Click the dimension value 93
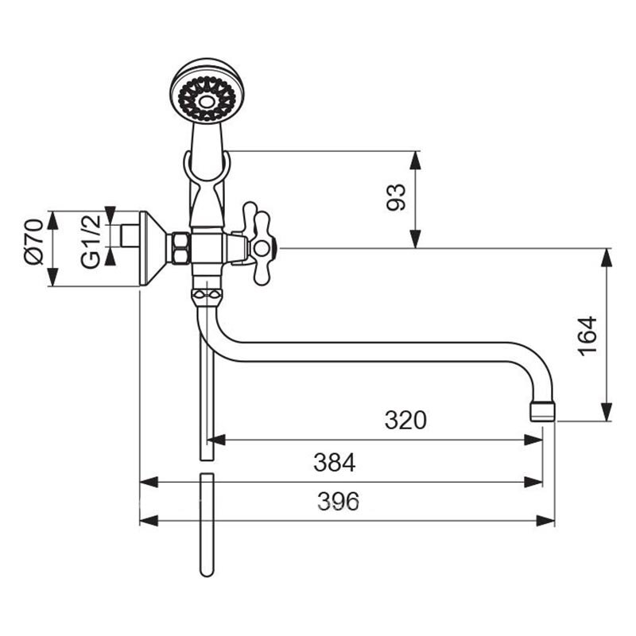coord(396,197)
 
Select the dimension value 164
coord(588,336)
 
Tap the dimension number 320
coord(405,421)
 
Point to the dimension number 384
coord(334,463)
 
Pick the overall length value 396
coord(338,502)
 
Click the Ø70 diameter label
coord(34,242)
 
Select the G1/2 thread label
coord(90,242)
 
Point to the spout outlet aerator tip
coord(542,411)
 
